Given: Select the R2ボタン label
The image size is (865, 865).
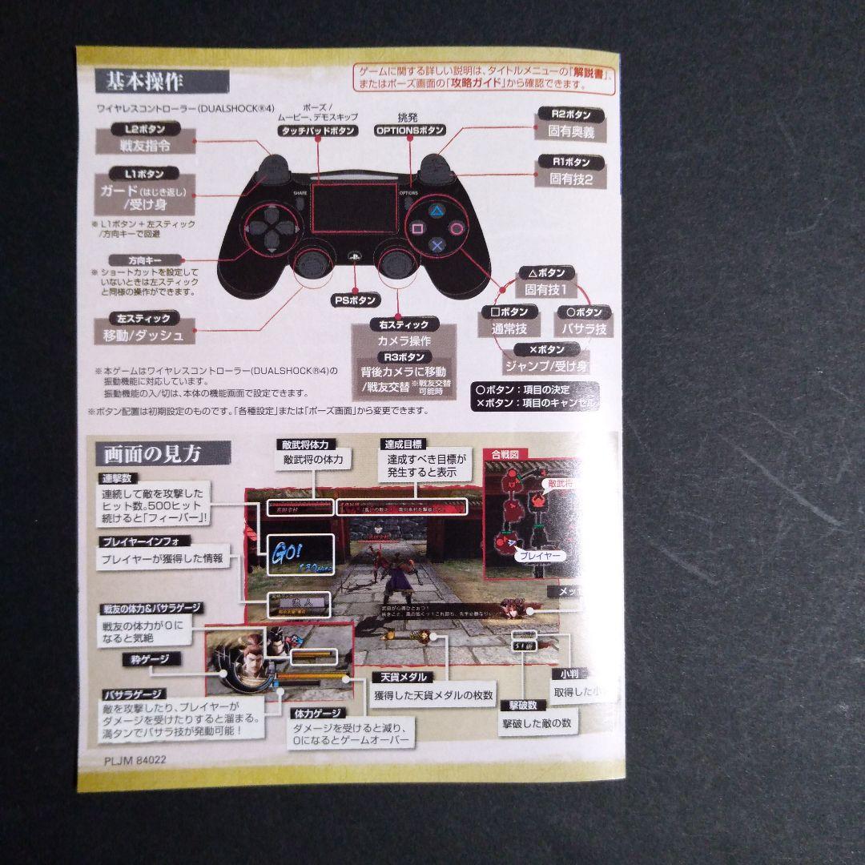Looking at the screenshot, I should (x=571, y=115).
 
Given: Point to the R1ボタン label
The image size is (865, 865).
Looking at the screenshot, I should (x=571, y=162).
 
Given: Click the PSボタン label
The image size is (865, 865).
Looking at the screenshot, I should (x=355, y=300).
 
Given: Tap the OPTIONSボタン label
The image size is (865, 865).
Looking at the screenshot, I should (x=409, y=131).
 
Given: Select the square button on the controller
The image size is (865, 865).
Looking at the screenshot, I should (x=418, y=228).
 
